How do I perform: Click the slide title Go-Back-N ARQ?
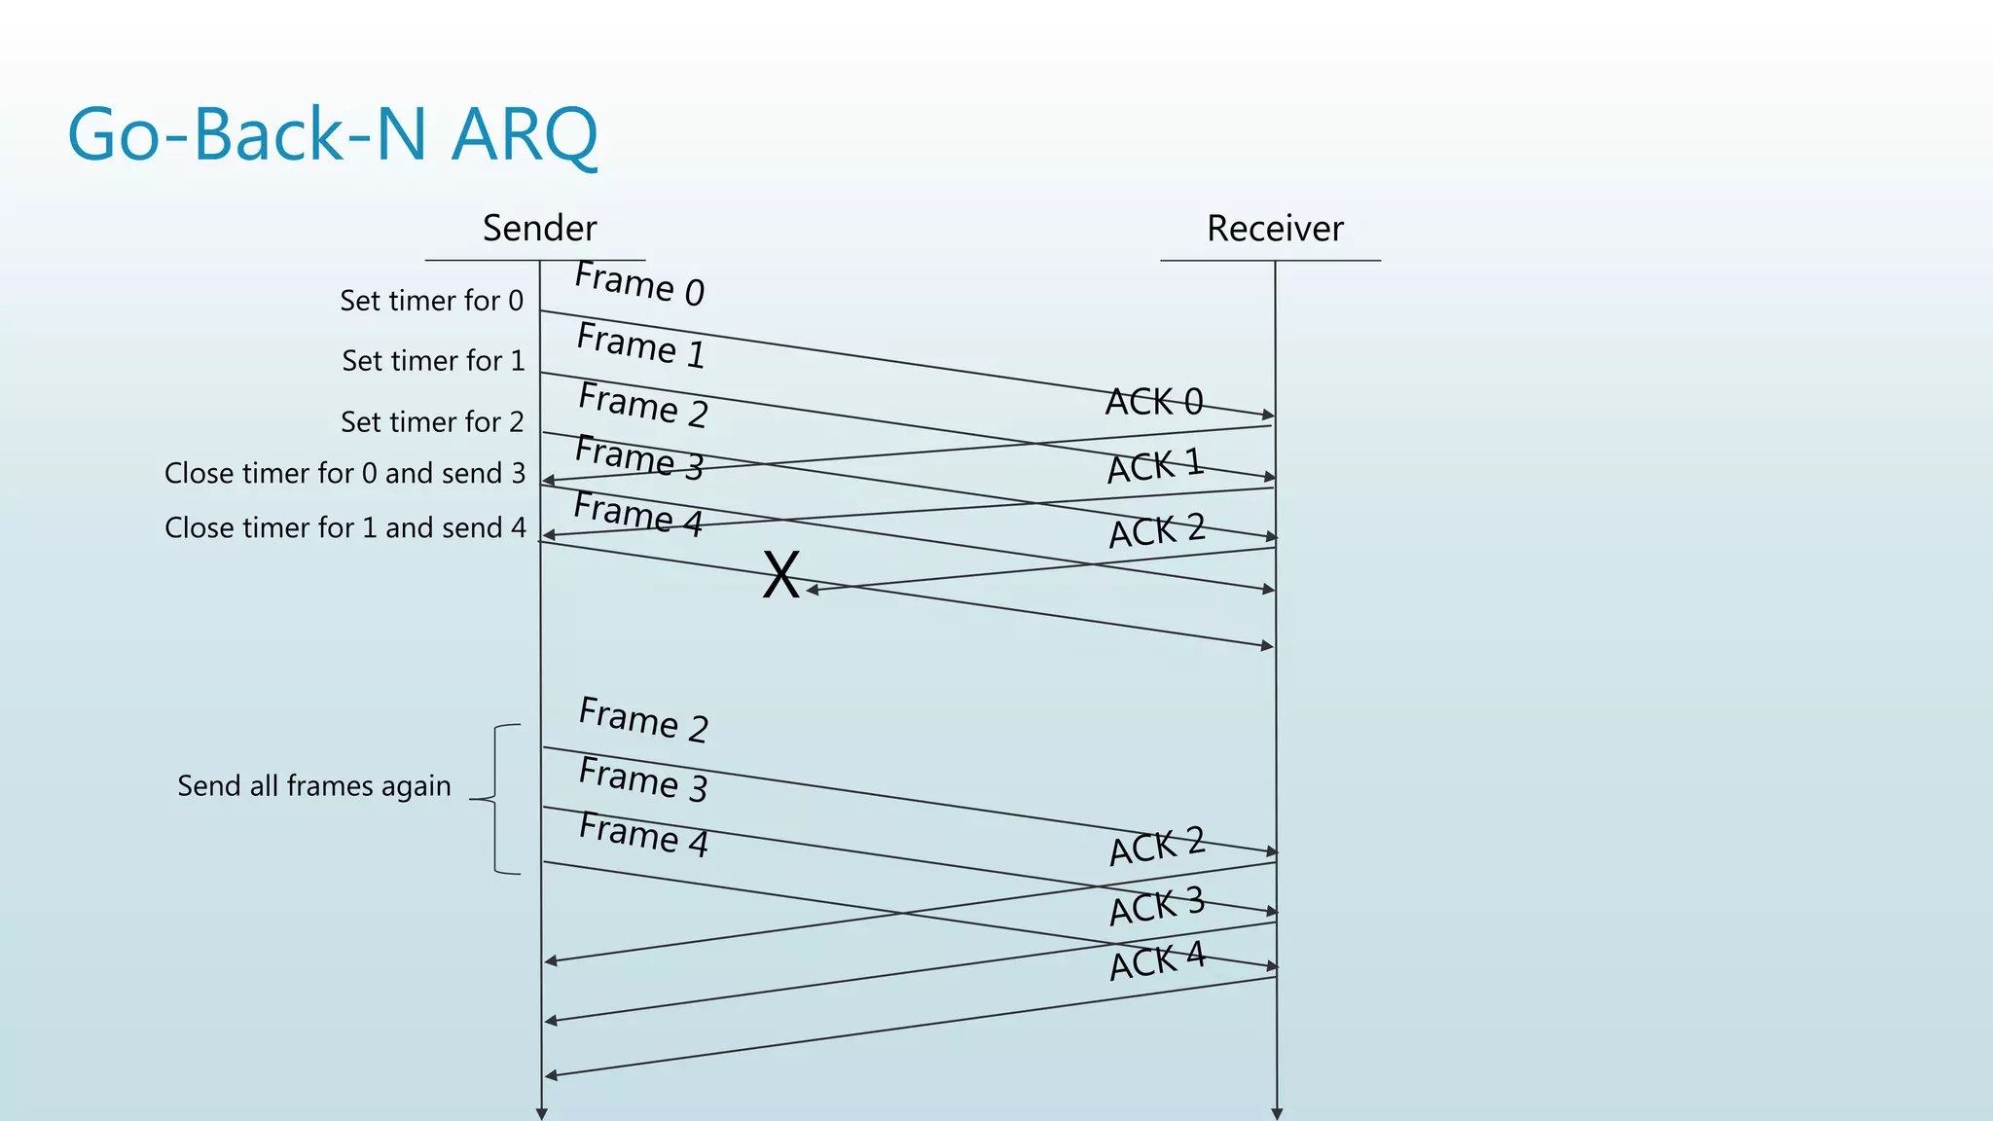click(x=332, y=134)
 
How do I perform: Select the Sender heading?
click(x=539, y=229)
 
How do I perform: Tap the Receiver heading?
click(x=1274, y=229)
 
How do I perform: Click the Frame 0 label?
click(x=639, y=283)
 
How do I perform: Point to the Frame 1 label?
click(x=640, y=345)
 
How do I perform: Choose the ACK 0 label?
click(x=1154, y=401)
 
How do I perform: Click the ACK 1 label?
click(x=1155, y=466)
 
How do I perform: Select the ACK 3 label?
click(x=1157, y=906)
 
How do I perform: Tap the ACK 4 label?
click(x=1157, y=961)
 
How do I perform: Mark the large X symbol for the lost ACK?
click(x=780, y=574)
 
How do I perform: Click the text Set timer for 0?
click(x=431, y=301)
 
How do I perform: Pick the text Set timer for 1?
click(x=433, y=361)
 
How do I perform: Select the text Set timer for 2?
click(x=432, y=422)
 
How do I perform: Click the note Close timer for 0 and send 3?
click(x=344, y=474)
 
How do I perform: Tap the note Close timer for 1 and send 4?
click(x=345, y=527)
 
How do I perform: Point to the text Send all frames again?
click(x=313, y=786)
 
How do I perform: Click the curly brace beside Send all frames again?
click(x=495, y=799)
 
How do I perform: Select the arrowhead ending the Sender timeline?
click(x=541, y=1113)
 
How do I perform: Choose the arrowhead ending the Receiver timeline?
click(x=1277, y=1113)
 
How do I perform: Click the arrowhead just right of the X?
click(x=813, y=590)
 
